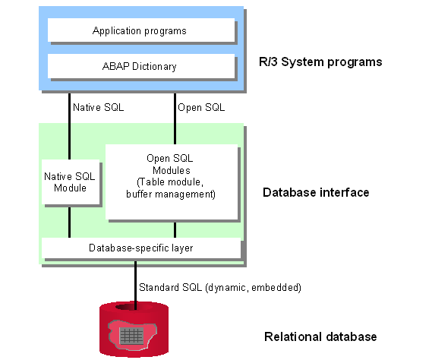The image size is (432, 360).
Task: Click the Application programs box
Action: pos(141,30)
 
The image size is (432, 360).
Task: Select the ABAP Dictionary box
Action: pos(141,66)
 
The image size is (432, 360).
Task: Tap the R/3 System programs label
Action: pos(320,62)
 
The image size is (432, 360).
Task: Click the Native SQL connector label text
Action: pos(99,107)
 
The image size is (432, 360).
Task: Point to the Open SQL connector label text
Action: pos(201,108)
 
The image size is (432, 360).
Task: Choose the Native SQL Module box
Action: pos(71,182)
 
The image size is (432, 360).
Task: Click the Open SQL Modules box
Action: pos(172,182)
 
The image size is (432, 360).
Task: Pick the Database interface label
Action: pos(316,192)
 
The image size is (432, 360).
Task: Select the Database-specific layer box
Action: pos(141,248)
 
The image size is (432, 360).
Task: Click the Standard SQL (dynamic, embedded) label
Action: pos(220,288)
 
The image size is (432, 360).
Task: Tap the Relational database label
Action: pos(320,336)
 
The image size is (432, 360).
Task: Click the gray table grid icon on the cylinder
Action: pos(131,335)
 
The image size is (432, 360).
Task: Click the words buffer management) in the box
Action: pos(171,194)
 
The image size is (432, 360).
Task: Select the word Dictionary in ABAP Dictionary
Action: pos(154,66)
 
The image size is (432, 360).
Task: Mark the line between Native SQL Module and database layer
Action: pos(69,223)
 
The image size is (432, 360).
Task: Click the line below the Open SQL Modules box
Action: pos(175,230)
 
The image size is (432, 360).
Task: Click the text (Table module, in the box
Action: pos(170,182)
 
